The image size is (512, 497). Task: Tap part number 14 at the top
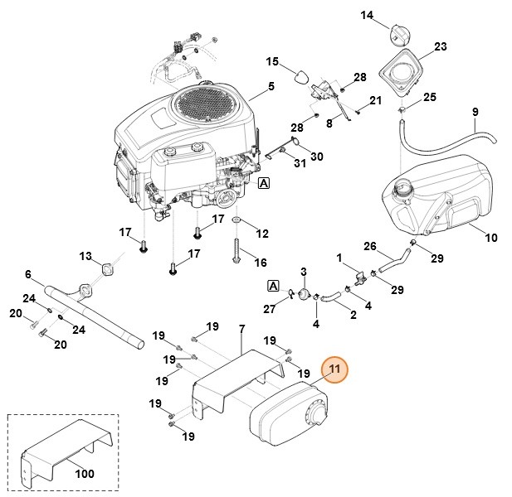pyautogui.click(x=367, y=14)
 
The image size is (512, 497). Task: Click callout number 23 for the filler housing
pyautogui.click(x=440, y=46)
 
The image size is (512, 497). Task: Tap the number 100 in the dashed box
pyautogui.click(x=84, y=474)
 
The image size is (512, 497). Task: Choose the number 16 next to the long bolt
pyautogui.click(x=261, y=263)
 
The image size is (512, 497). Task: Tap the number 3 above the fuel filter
pyautogui.click(x=304, y=272)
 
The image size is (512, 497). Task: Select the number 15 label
pyautogui.click(x=272, y=61)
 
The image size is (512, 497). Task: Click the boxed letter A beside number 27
pyautogui.click(x=272, y=286)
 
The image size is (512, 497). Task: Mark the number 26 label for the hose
pyautogui.click(x=370, y=245)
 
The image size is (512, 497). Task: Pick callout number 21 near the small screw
pyautogui.click(x=375, y=101)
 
